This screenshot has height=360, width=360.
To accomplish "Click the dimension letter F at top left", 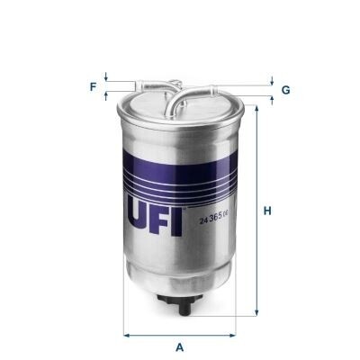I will [93, 86].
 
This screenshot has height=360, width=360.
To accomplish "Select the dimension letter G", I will [285, 90].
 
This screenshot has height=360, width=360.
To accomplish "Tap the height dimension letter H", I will [267, 211].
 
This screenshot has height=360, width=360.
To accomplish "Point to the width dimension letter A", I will [180, 346].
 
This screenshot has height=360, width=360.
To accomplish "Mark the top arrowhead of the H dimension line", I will [257, 108].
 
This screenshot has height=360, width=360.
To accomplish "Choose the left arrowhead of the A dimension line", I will [126, 335].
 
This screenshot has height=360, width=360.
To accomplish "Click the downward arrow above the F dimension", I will [106, 78].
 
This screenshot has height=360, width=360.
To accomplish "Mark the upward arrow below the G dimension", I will [270, 97].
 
